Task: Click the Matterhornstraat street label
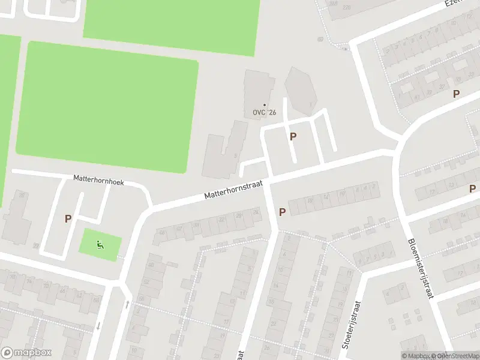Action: point(234,190)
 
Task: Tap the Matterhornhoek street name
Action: point(98,179)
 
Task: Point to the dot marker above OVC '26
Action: point(264,105)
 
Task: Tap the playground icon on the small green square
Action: point(100,244)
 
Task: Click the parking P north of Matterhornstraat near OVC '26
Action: point(293,137)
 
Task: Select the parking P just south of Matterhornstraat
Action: point(282,212)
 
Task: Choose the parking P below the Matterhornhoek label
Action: point(68,219)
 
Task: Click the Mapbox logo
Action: point(26,353)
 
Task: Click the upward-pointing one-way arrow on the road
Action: point(127,304)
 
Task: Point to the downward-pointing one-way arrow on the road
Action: point(98,326)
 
